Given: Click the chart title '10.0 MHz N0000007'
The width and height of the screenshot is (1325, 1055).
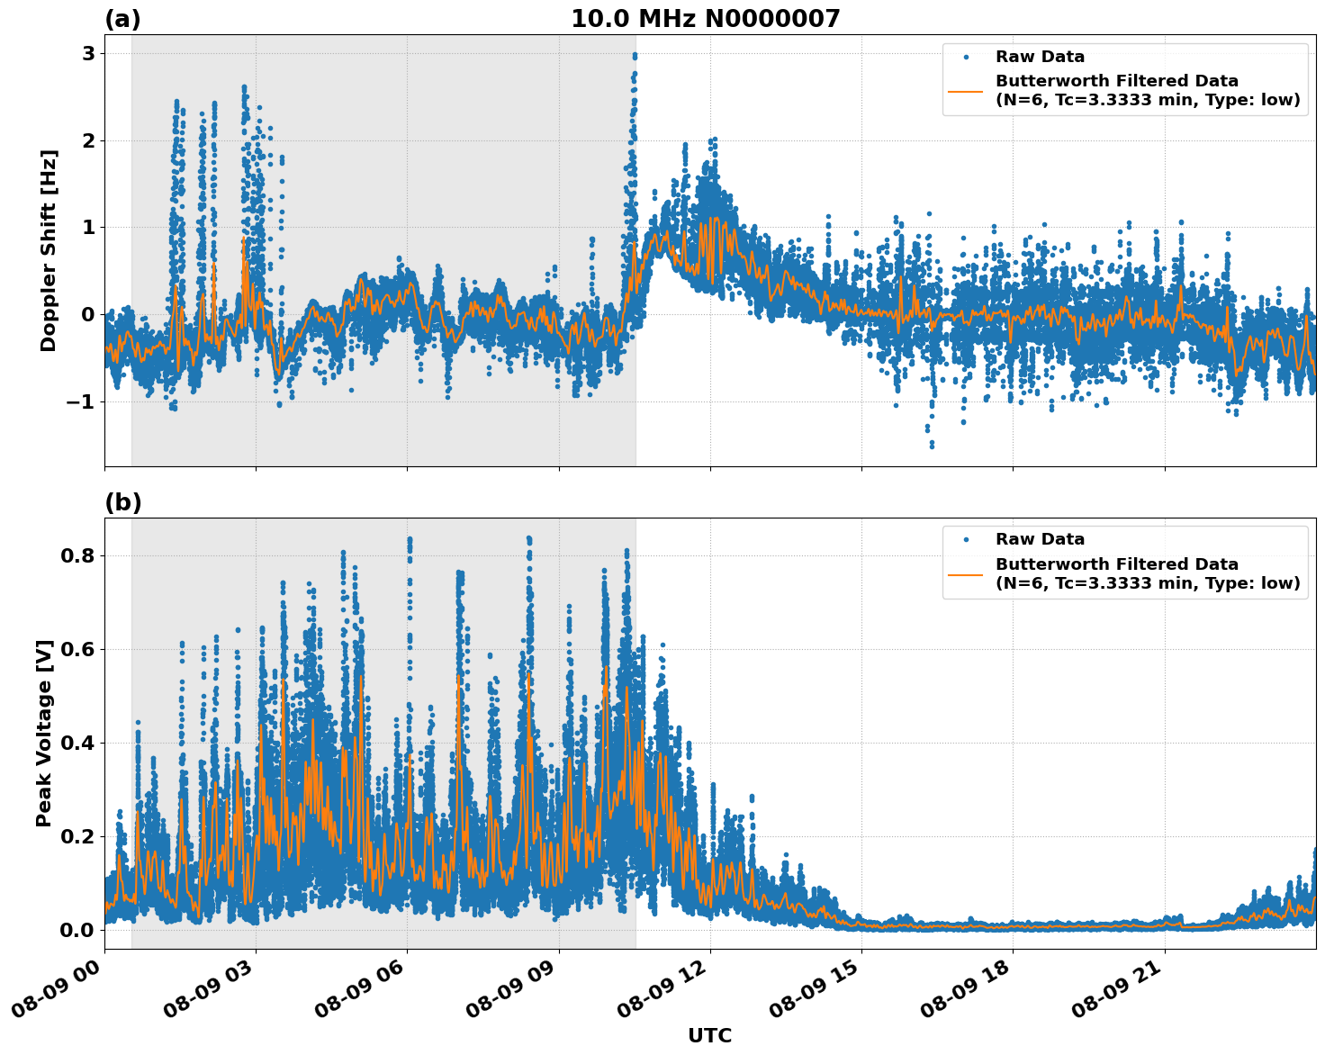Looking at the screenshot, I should coord(705,19).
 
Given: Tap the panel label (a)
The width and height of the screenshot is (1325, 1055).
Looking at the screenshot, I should coord(122,19).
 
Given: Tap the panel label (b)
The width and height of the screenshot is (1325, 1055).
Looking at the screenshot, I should coord(122,502).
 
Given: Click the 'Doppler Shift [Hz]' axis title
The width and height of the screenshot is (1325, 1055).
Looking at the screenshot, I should coord(49,250).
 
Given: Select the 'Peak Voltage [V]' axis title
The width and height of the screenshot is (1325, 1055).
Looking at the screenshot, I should coord(44,733).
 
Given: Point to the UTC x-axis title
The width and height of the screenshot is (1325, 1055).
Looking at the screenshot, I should coord(709,1035).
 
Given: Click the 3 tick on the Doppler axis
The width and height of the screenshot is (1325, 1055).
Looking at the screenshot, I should coord(88,54).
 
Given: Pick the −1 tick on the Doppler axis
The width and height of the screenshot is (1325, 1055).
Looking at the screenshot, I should coord(80,401).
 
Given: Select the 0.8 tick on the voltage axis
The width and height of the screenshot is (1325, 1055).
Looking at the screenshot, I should coord(77,555).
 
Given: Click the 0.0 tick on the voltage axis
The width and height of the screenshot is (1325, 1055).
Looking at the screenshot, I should coord(77,930).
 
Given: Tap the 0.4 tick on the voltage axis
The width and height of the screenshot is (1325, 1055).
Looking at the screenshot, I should coord(77,743).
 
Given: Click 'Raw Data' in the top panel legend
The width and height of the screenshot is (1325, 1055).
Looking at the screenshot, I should coord(1040,57).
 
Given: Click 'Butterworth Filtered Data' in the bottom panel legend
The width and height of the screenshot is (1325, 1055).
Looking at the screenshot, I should coord(1116,564).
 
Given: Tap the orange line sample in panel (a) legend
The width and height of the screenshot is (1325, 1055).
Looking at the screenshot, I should coord(965,91).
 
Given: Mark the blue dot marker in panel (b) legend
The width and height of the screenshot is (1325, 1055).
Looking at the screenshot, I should coord(965,539).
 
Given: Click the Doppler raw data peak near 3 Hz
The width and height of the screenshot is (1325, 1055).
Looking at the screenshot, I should coord(635,56).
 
